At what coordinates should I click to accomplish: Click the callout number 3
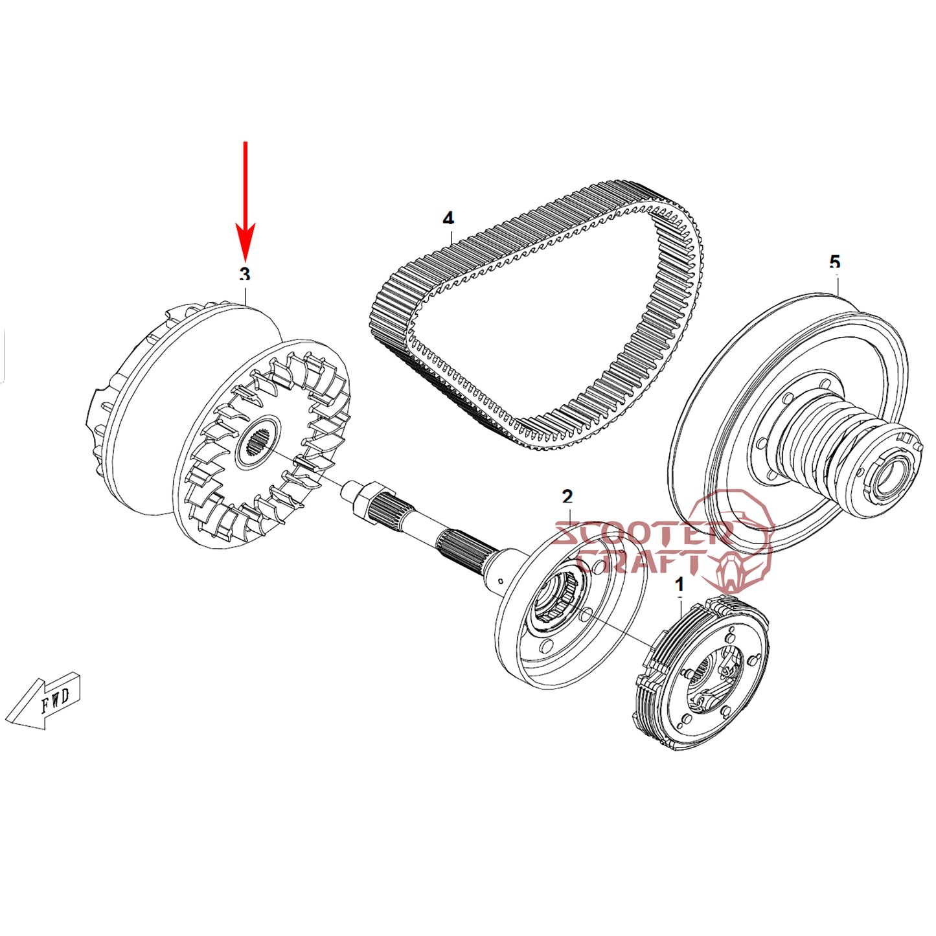[244, 275]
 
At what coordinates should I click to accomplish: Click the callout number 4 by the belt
[448, 218]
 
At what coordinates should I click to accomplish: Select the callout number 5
[834, 262]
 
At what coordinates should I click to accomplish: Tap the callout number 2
[567, 497]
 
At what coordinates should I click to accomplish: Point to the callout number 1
[679, 585]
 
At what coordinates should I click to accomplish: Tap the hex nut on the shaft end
[359, 497]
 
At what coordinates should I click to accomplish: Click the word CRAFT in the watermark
[641, 562]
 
